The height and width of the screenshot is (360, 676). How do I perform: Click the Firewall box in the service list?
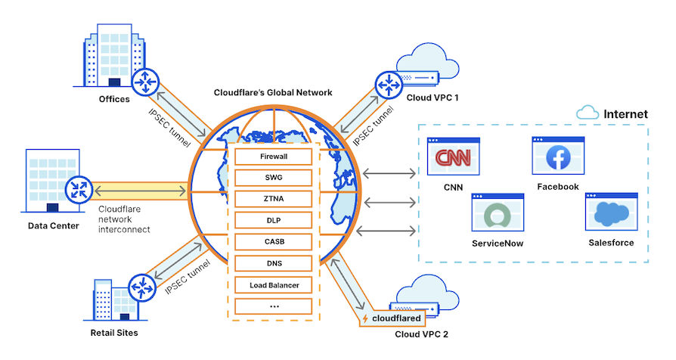point(274,157)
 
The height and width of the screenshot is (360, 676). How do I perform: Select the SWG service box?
point(274,178)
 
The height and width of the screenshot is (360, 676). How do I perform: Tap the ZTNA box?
point(274,199)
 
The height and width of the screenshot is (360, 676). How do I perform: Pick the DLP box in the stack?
point(274,221)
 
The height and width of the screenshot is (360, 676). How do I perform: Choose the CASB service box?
point(274,242)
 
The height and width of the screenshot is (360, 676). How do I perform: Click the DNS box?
point(274,264)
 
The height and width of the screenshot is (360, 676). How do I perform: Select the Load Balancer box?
point(274,285)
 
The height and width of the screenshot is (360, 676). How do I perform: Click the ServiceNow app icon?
point(498,215)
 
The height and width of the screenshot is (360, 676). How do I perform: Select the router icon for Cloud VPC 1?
point(387,82)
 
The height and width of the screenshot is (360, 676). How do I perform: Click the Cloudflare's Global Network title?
point(274,92)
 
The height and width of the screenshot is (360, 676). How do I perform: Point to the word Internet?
point(625,114)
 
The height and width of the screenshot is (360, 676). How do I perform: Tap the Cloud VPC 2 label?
point(421,334)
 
